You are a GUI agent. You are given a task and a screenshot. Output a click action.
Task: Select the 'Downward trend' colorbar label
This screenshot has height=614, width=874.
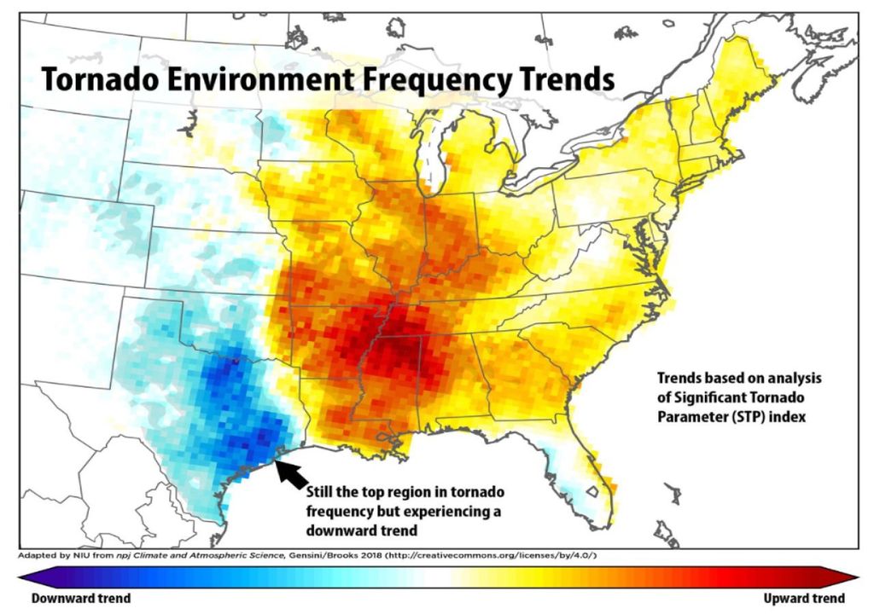(x=81, y=598)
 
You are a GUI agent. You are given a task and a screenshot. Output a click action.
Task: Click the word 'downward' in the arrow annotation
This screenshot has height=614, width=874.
(x=383, y=530)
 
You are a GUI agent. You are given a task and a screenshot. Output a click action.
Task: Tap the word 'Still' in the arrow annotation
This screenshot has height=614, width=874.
(x=322, y=493)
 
